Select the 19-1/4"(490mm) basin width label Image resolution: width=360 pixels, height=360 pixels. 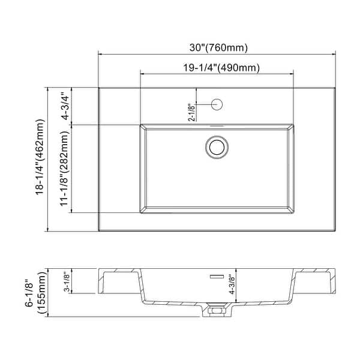point(217,68)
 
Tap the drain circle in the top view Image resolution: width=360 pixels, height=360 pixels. point(217,146)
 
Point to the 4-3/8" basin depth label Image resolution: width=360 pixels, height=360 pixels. point(240,284)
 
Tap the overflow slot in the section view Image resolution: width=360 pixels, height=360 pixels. point(216,277)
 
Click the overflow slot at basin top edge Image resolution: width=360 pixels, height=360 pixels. point(217,126)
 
